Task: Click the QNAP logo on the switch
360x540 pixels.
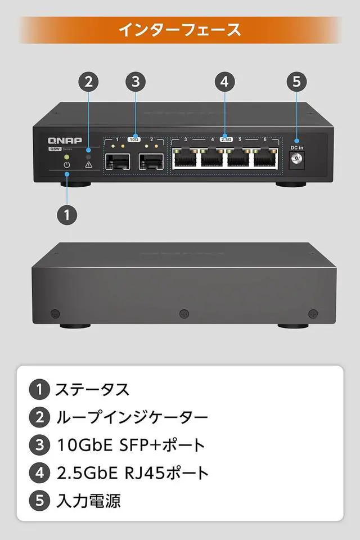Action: click(x=64, y=141)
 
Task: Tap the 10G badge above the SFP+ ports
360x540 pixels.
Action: click(x=134, y=138)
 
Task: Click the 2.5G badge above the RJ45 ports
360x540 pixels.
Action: click(x=226, y=138)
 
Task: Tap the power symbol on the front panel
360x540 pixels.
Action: click(x=67, y=165)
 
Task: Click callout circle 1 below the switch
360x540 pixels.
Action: click(x=67, y=214)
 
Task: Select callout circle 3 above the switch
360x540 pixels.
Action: click(x=134, y=81)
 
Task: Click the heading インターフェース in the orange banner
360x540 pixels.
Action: click(x=179, y=30)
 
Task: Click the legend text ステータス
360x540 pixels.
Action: click(x=92, y=389)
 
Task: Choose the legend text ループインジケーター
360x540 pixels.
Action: click(x=132, y=417)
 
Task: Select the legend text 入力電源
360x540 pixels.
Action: click(x=89, y=501)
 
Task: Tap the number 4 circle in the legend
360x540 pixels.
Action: click(x=39, y=473)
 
